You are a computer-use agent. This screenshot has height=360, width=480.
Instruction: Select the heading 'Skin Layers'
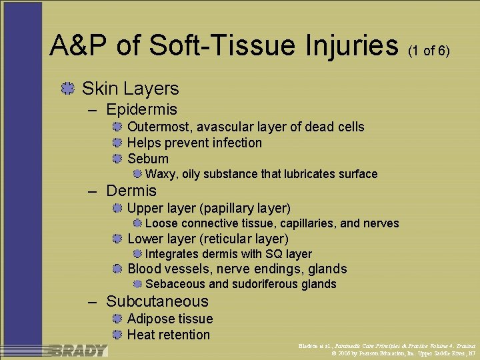[130, 88]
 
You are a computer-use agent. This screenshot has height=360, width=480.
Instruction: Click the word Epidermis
[141, 109]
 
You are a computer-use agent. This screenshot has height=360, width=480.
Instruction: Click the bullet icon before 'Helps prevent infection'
[117, 143]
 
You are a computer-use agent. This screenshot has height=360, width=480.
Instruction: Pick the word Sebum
[148, 159]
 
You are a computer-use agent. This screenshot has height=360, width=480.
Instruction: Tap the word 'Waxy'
[160, 174]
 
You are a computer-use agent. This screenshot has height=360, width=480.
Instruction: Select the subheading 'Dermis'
[131, 191]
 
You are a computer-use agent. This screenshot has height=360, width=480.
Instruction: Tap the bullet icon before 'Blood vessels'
[117, 269]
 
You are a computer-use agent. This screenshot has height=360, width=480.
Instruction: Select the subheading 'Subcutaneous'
[157, 301]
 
